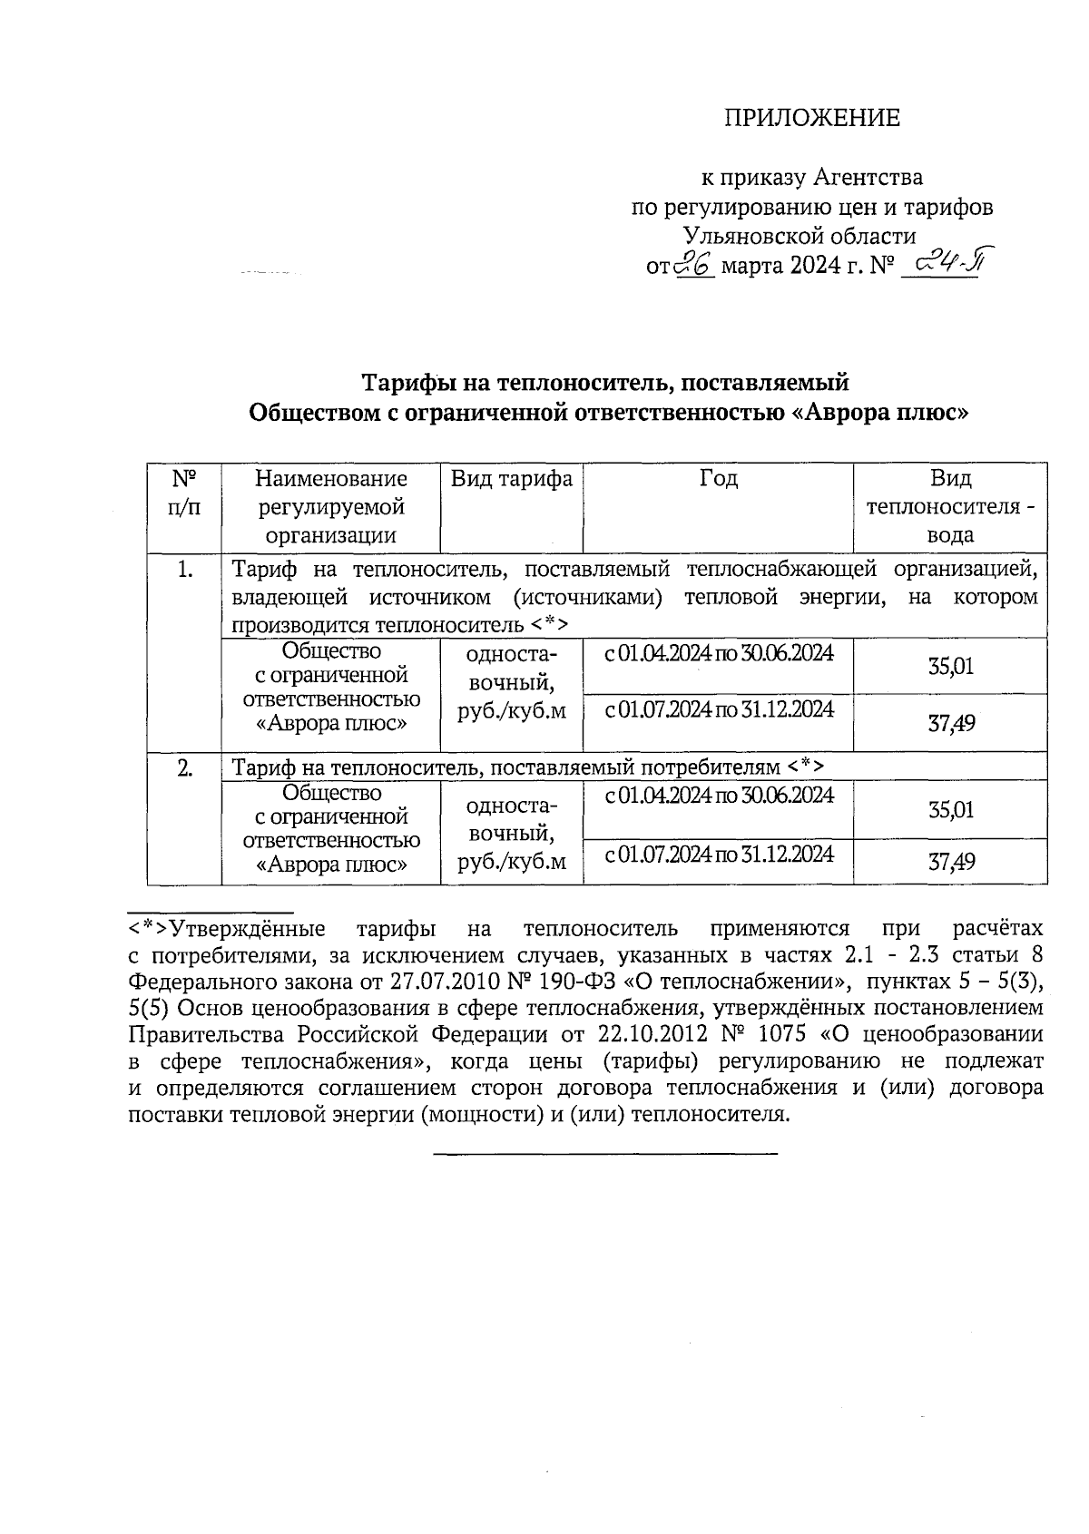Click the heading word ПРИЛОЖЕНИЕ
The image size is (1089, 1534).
tap(811, 118)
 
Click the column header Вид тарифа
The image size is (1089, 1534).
tap(511, 479)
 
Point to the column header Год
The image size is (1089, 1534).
tap(718, 478)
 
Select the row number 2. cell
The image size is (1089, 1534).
tap(184, 768)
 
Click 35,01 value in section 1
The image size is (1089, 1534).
tap(950, 668)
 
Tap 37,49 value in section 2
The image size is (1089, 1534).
tap(950, 862)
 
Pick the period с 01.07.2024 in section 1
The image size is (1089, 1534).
tap(718, 709)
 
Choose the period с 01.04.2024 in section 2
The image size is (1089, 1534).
tap(718, 796)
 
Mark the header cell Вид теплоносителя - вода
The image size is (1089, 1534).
tap(950, 506)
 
